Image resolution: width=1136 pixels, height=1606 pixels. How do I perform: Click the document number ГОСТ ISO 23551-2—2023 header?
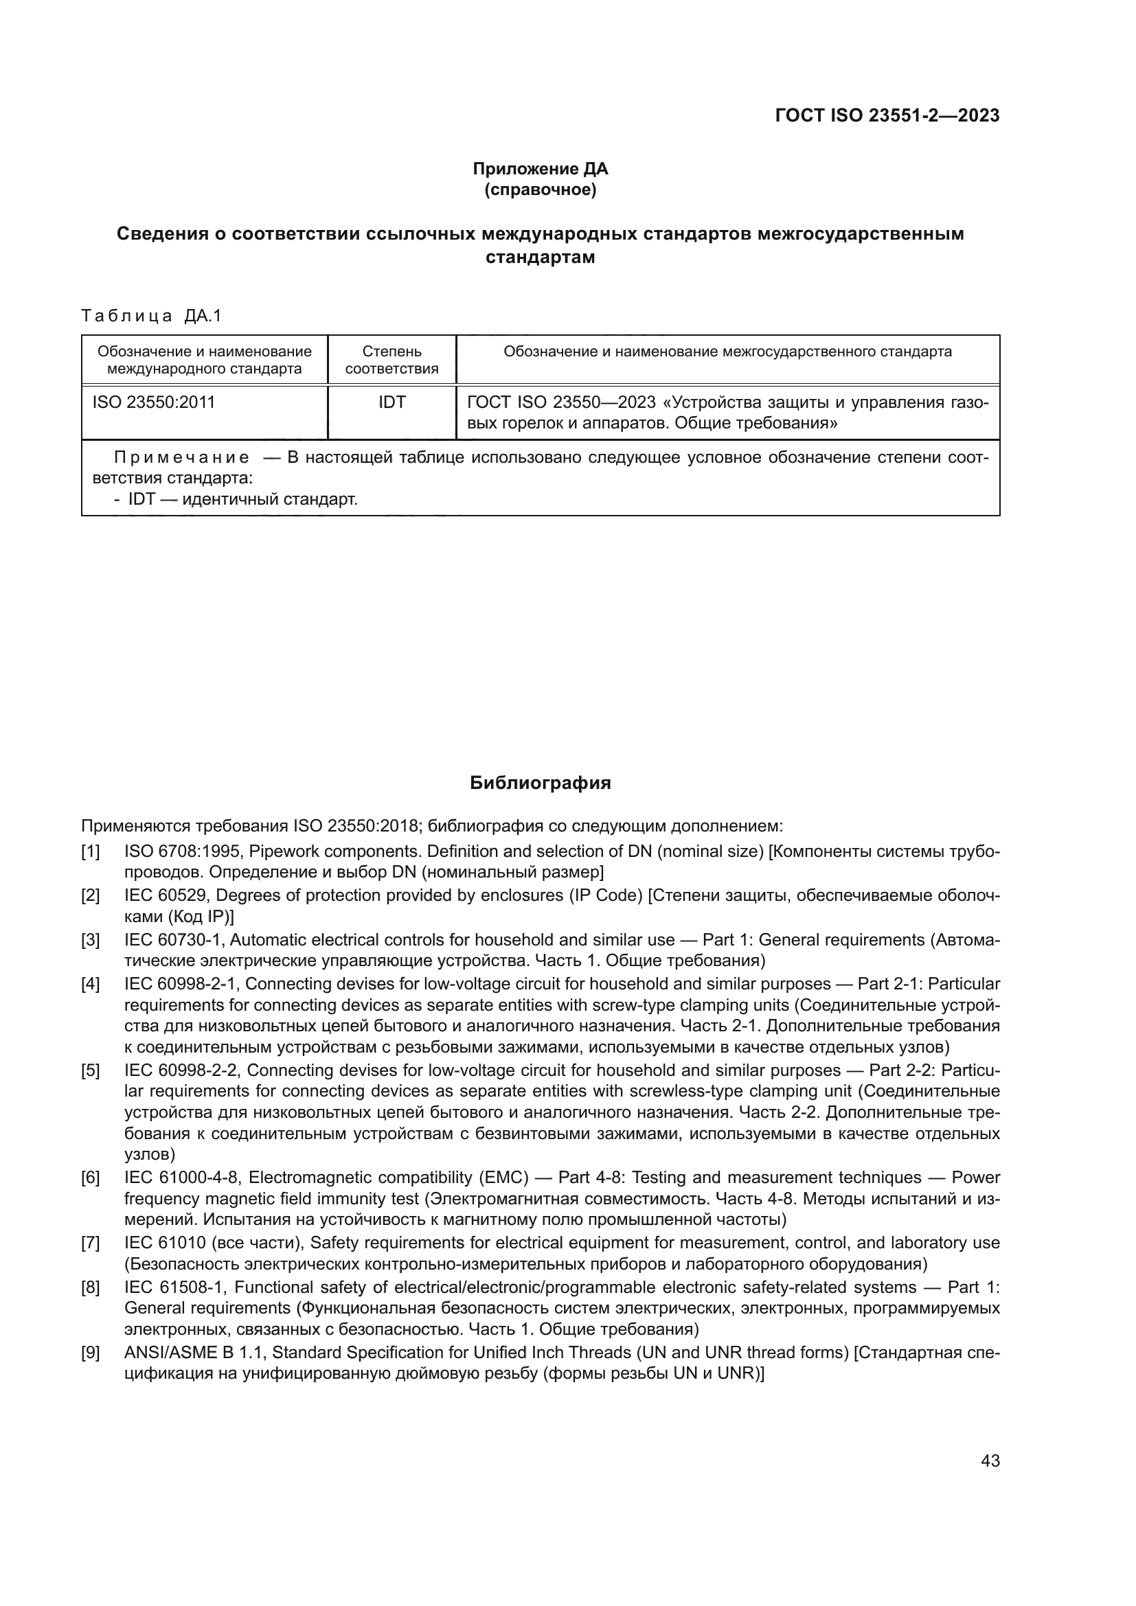click(887, 115)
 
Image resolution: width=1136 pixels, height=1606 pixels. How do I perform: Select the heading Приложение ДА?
click(540, 169)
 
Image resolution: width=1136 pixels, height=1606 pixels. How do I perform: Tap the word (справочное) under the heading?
click(540, 190)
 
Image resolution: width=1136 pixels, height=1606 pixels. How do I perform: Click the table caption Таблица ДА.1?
click(151, 316)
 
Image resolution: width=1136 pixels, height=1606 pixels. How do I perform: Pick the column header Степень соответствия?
click(391, 360)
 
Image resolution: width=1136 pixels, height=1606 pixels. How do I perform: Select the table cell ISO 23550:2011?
click(154, 403)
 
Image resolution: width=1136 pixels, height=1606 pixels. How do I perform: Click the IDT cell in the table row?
click(391, 403)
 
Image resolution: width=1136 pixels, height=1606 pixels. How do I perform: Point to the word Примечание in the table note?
click(182, 458)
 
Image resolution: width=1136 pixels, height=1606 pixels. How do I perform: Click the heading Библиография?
click(540, 783)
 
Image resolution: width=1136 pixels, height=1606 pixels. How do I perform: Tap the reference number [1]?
click(90, 852)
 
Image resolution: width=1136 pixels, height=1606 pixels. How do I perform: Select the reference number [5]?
click(90, 1071)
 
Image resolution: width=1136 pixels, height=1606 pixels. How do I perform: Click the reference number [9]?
click(90, 1353)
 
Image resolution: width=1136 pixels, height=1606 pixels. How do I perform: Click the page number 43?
click(990, 1461)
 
